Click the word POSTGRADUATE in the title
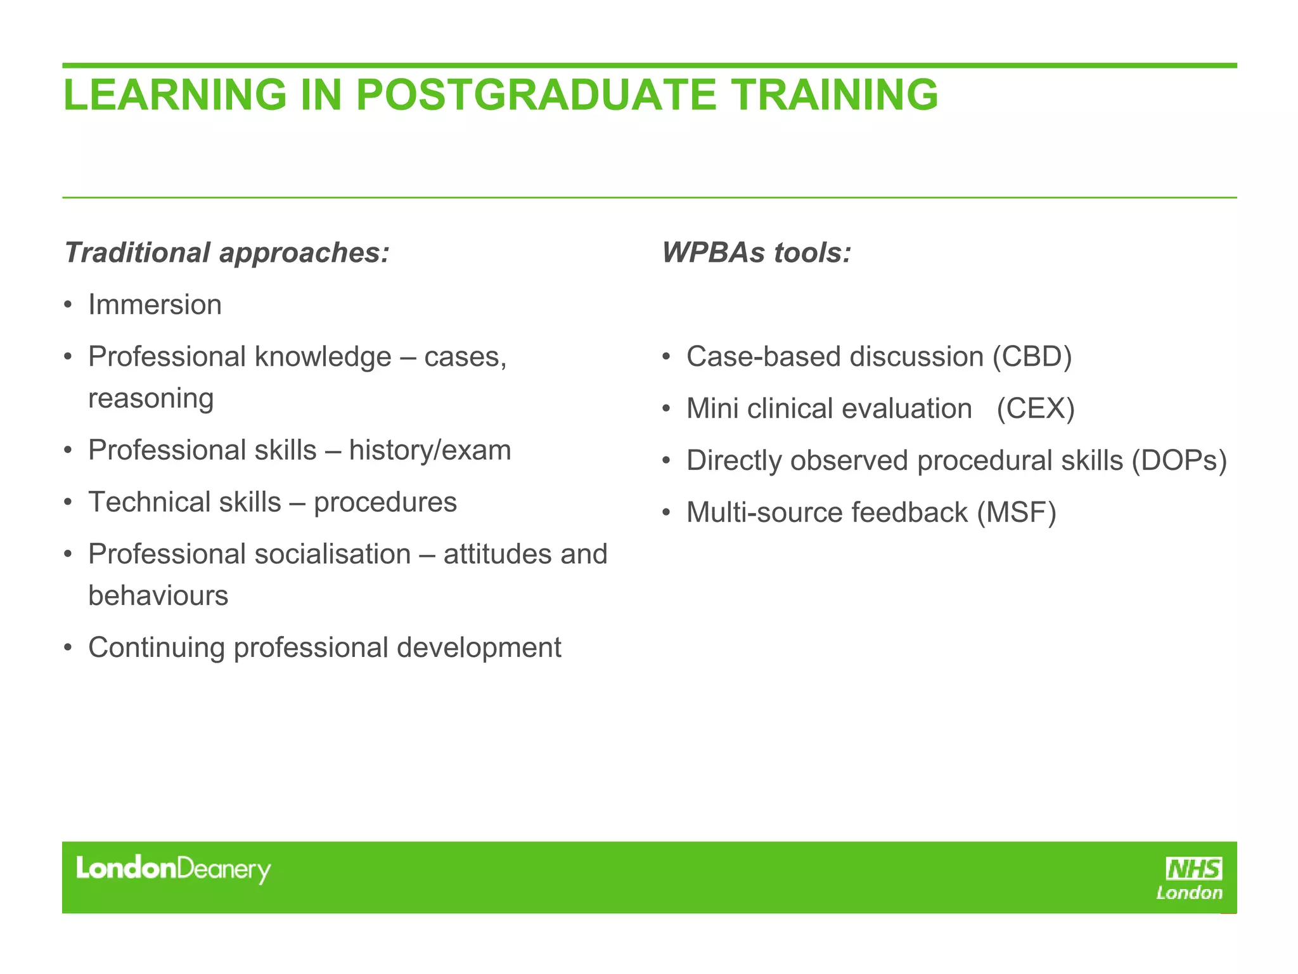click(536, 95)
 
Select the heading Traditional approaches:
click(226, 252)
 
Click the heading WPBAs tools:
click(756, 252)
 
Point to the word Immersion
click(155, 305)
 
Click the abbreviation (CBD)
click(1032, 357)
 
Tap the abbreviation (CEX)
click(1036, 409)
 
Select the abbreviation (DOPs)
click(1179, 461)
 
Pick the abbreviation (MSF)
click(1017, 513)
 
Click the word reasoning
click(151, 399)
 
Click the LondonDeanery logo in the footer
click(173, 869)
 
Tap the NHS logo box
click(1194, 869)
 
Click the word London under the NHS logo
click(1189, 893)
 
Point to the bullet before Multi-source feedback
click(666, 513)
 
